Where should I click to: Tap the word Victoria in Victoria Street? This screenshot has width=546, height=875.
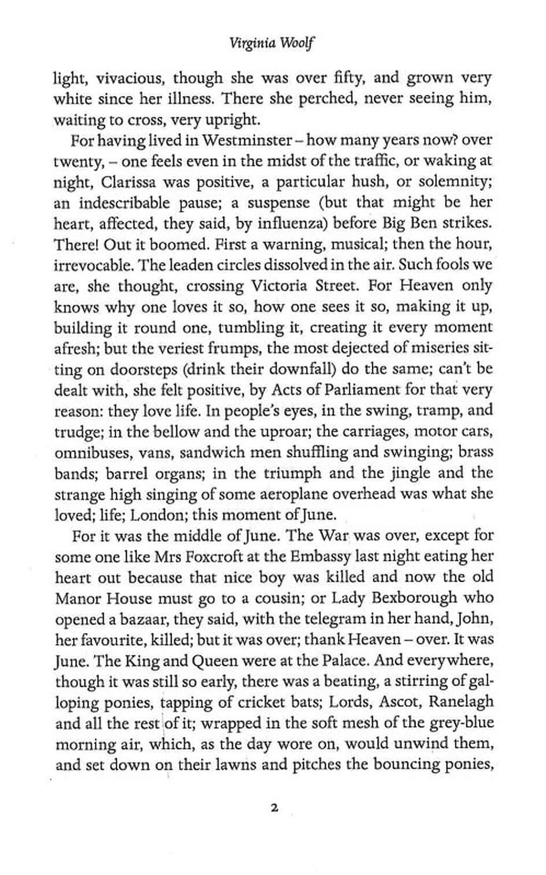click(280, 286)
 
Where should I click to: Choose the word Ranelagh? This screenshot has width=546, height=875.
click(461, 702)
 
